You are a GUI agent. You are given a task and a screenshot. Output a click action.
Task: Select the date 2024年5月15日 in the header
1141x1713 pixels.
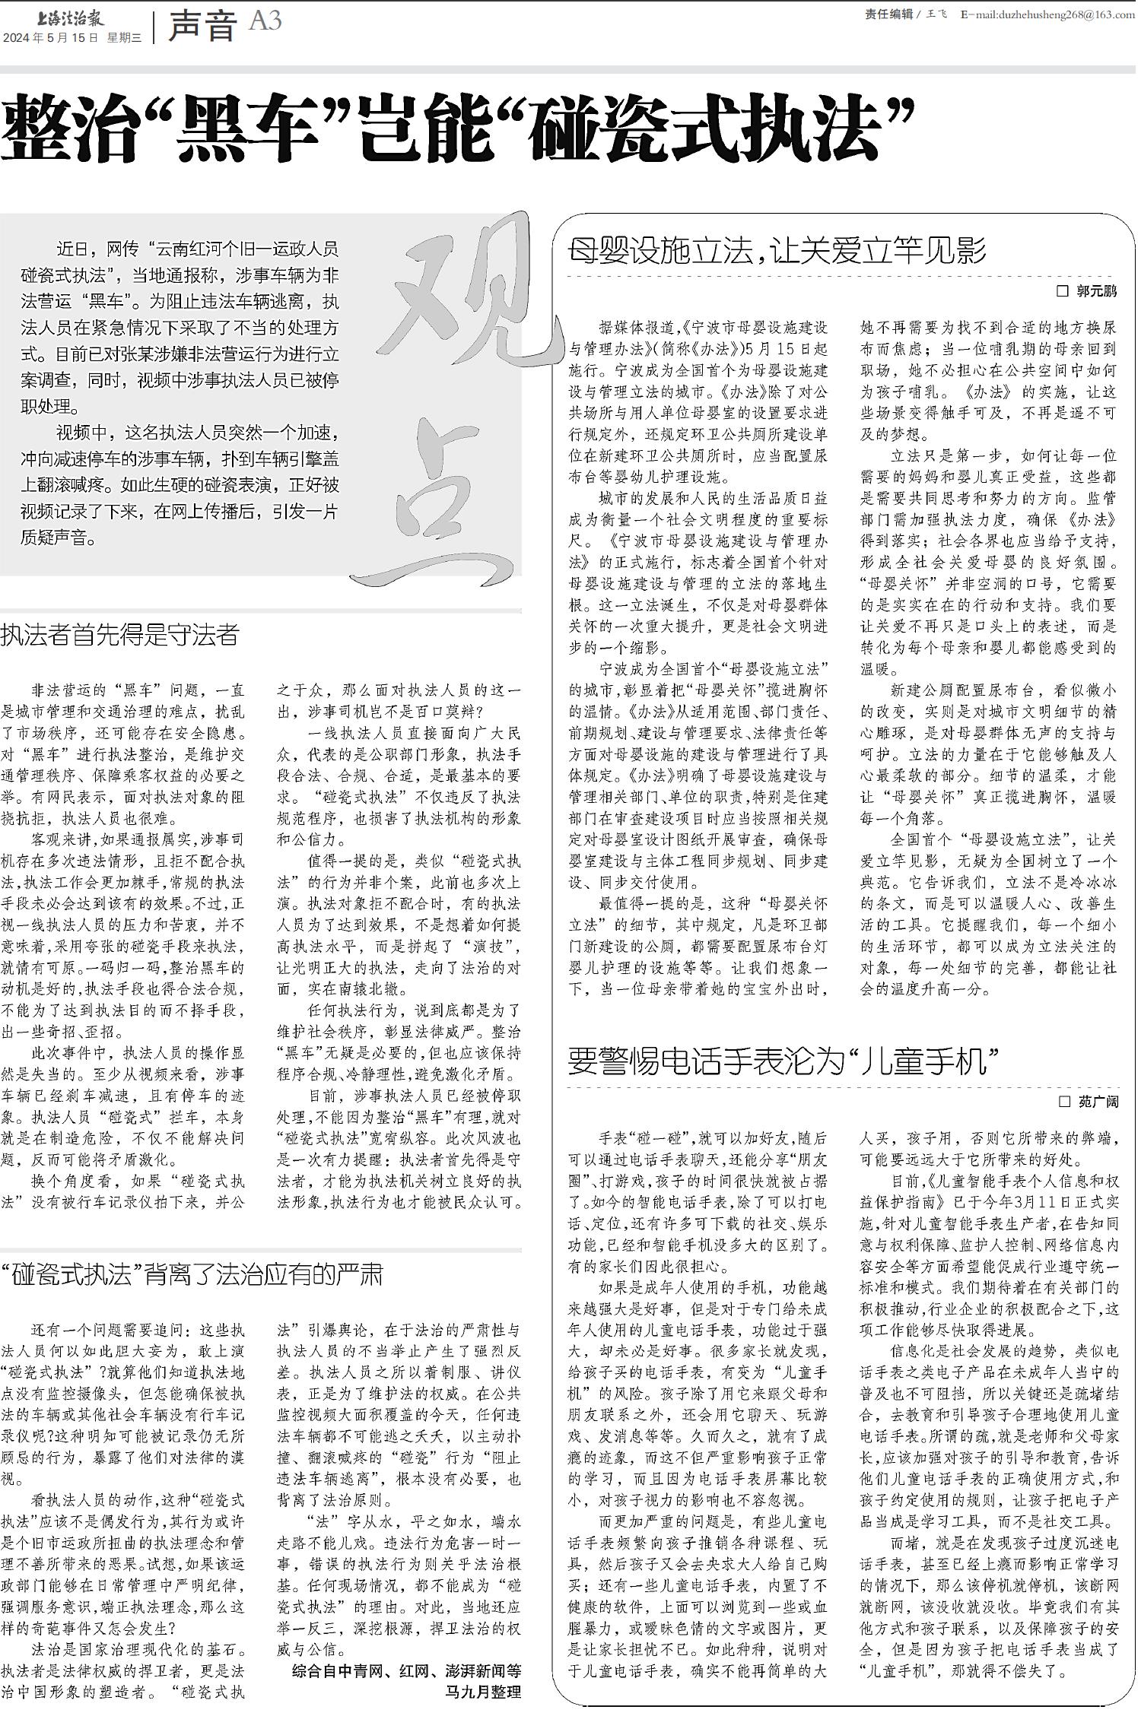point(51,37)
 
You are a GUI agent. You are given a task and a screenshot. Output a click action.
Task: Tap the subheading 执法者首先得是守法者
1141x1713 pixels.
point(120,635)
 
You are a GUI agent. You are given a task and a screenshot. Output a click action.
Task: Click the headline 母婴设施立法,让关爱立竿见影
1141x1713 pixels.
point(777,250)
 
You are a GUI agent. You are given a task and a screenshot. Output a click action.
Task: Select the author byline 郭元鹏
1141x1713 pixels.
point(1096,290)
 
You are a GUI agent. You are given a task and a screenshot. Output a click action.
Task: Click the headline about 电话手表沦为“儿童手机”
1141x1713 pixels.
point(783,1062)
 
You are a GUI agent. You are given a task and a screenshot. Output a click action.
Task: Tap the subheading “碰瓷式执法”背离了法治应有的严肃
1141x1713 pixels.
point(192,1275)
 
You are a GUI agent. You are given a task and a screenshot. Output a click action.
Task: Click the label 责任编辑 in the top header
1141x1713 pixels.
point(888,14)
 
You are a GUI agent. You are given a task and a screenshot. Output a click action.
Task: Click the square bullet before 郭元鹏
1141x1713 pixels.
point(1063,291)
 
